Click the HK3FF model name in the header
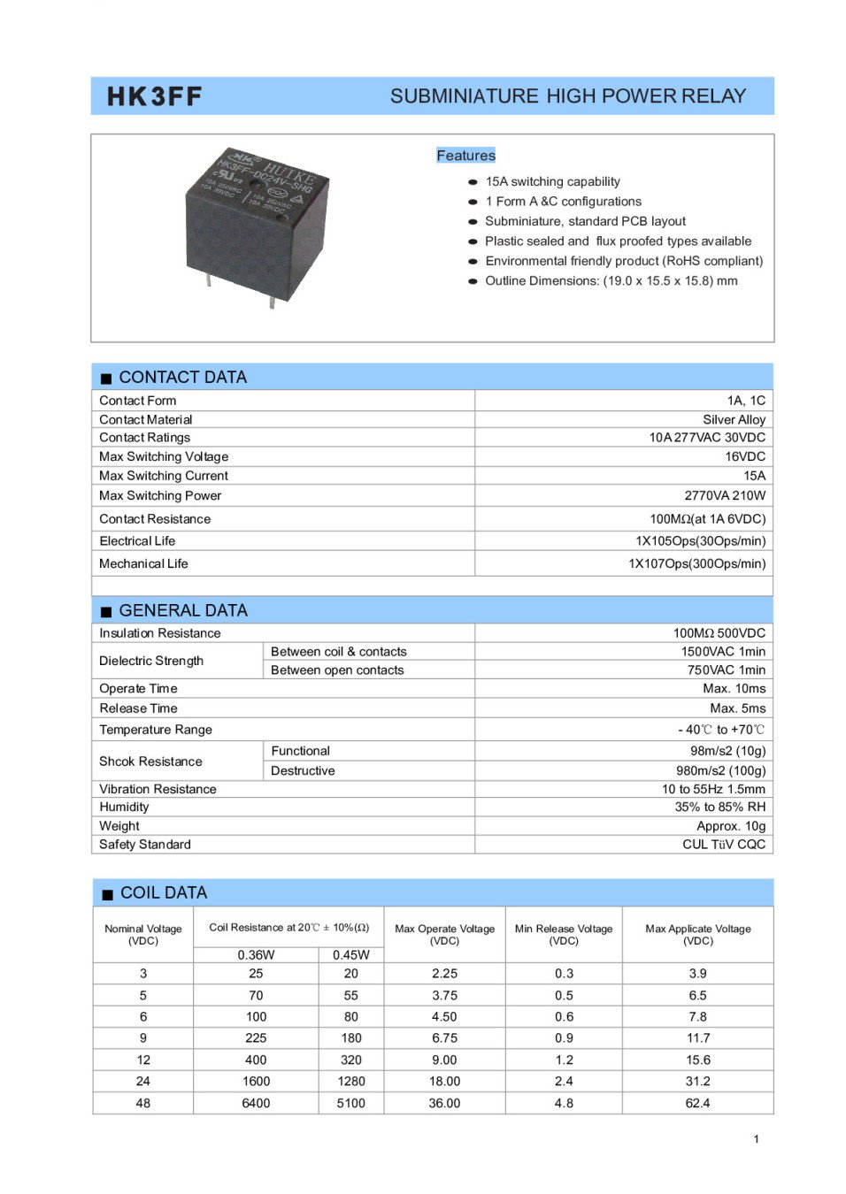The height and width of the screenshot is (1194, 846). [154, 96]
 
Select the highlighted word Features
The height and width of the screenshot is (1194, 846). [465, 156]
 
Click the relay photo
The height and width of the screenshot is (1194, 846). [256, 225]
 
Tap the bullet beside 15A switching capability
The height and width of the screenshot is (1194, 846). [473, 182]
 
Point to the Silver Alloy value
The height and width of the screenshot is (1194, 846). [734, 419]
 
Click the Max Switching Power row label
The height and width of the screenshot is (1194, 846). [160, 495]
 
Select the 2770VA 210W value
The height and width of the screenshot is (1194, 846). [724, 495]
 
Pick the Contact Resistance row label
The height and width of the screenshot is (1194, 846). [155, 518]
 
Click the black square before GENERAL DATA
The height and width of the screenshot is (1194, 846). [106, 611]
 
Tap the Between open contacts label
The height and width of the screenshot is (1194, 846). [337, 670]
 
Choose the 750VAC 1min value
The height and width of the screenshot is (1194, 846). [726, 670]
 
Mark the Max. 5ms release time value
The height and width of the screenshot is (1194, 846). [737, 708]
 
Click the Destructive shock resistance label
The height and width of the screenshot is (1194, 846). [303, 770]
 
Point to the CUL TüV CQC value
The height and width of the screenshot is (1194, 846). [723, 845]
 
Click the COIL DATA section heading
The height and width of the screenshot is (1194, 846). [164, 893]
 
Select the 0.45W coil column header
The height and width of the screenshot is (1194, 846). [351, 954]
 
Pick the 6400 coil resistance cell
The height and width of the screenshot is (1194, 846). [256, 1103]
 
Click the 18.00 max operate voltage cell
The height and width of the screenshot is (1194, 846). [444, 1081]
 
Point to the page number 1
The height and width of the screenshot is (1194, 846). [756, 1139]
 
